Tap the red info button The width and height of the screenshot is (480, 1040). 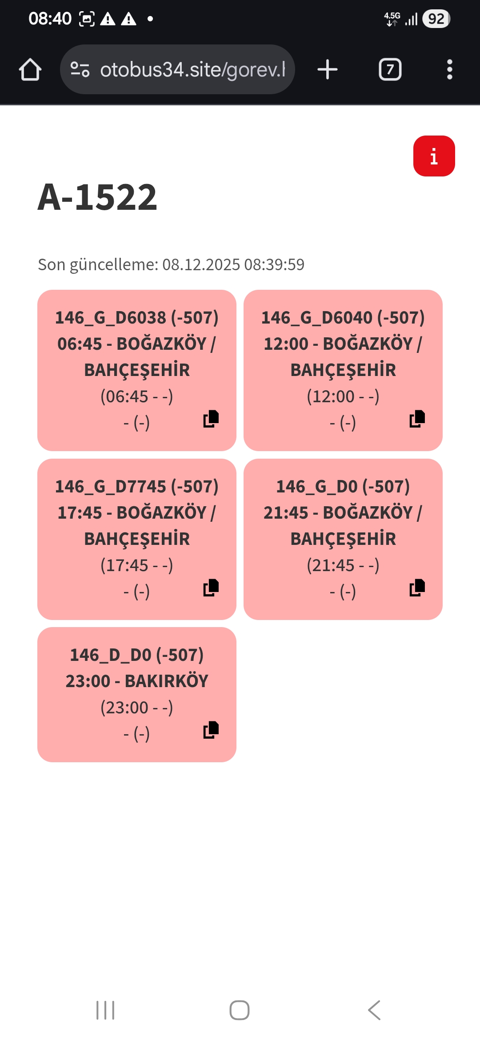(434, 156)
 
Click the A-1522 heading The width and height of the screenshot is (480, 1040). (97, 197)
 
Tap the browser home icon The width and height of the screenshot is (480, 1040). (30, 70)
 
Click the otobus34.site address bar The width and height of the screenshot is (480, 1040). (178, 70)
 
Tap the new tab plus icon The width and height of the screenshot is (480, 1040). (328, 70)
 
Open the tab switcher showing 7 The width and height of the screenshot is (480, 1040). (390, 70)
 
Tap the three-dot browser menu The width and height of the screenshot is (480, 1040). (449, 70)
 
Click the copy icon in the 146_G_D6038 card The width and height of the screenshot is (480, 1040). (211, 419)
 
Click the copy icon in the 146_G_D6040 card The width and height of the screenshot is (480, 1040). (417, 419)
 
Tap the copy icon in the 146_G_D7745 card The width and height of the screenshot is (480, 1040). (211, 588)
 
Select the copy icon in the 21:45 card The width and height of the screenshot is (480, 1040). (417, 588)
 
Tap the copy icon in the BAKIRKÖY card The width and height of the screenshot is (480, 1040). (211, 730)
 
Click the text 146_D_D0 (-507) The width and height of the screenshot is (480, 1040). (137, 655)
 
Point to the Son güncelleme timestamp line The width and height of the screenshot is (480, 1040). (171, 264)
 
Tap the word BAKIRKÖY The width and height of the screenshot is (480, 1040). (166, 681)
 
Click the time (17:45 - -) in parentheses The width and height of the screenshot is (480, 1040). (137, 565)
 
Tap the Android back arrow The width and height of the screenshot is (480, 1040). (374, 1010)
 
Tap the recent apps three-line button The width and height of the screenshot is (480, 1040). (105, 1010)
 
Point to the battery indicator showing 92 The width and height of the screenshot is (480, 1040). (436, 19)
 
